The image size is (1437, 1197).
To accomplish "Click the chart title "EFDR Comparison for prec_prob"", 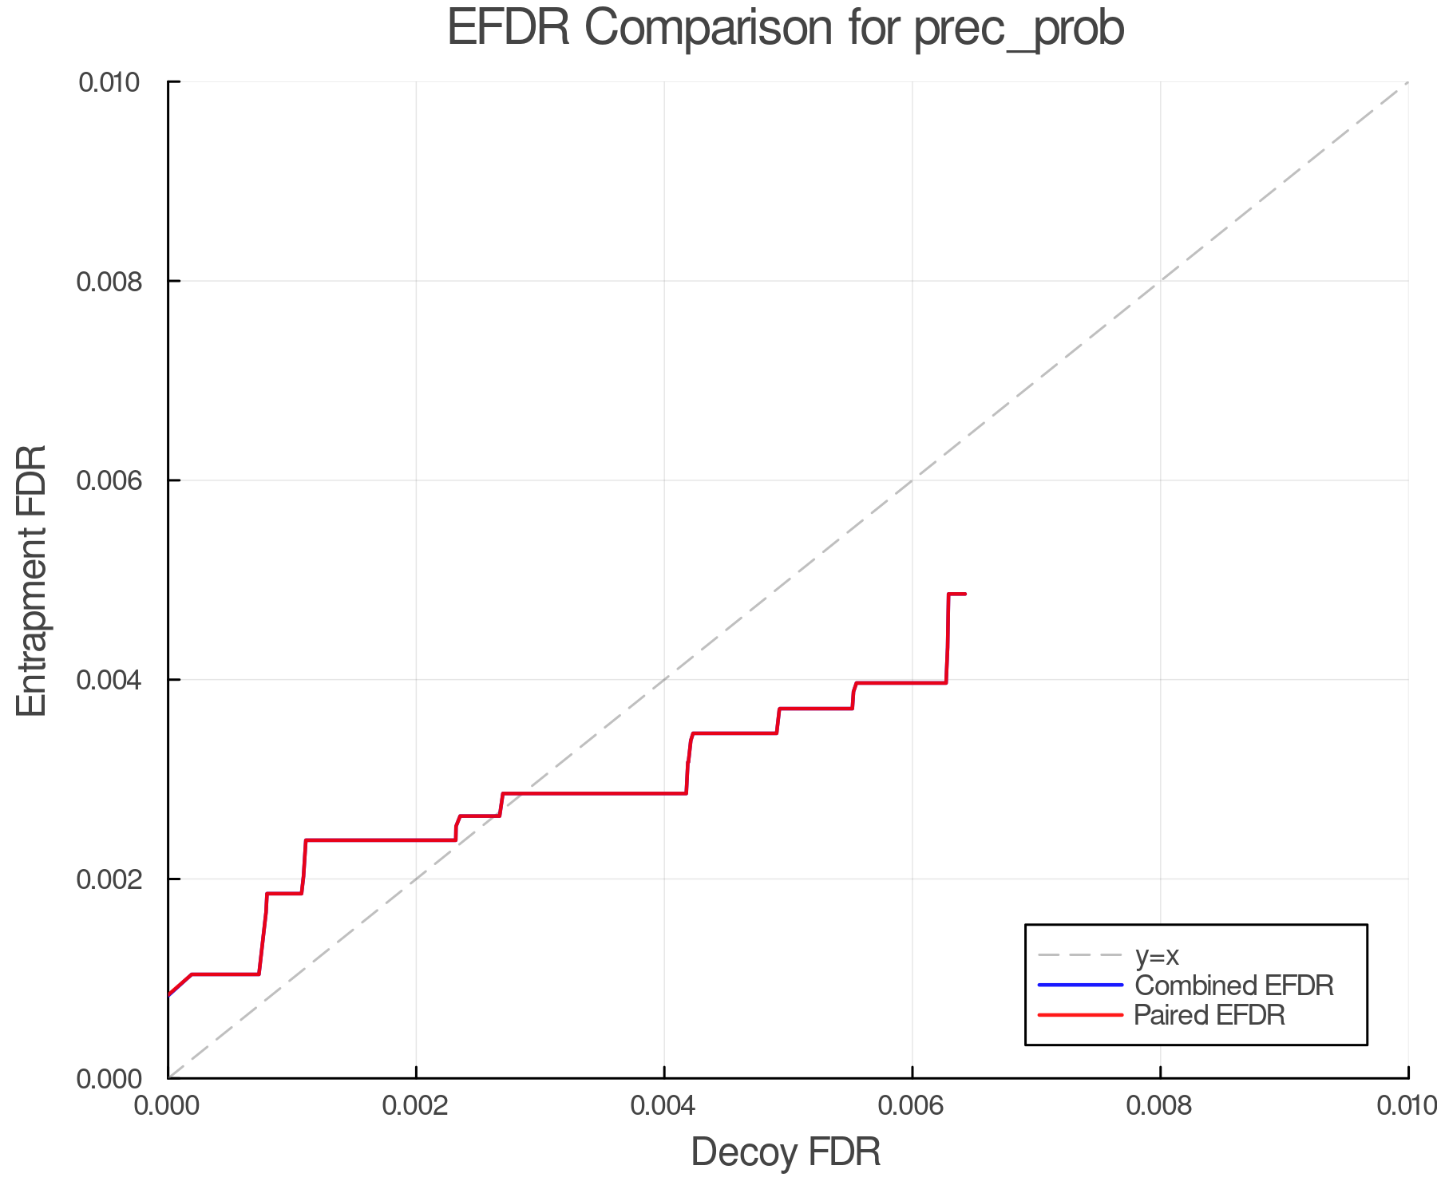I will [786, 29].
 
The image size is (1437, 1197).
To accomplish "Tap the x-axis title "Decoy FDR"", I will [786, 1152].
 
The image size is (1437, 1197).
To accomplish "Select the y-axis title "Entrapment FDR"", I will [32, 580].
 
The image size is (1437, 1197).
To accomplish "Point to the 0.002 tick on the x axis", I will [416, 1106].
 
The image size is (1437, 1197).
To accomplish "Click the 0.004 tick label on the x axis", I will [664, 1106].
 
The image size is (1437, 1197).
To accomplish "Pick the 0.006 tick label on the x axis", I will [912, 1106].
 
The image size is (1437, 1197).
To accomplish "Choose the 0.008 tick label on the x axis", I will [1160, 1106].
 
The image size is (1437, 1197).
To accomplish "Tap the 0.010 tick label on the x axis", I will [1407, 1106].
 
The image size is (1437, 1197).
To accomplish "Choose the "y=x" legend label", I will [1157, 955].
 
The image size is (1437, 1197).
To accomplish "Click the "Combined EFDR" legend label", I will [1234, 986].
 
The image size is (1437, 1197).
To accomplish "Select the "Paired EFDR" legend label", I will [1209, 1015].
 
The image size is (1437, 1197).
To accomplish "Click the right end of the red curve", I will [965, 594].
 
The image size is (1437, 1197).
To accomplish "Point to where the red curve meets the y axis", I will [169, 995].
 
